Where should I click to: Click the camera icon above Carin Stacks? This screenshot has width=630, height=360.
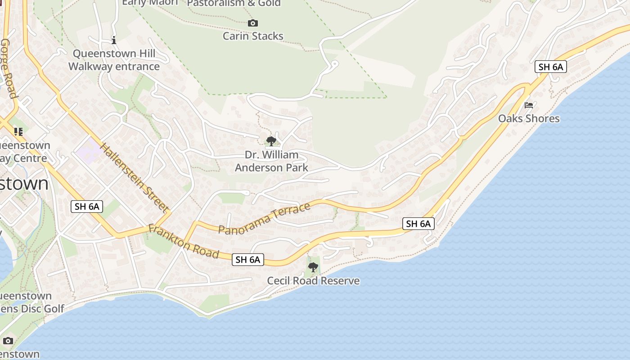[x=253, y=23]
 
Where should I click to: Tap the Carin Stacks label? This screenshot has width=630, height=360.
[x=253, y=36]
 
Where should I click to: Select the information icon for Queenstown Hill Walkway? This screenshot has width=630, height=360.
[x=114, y=40]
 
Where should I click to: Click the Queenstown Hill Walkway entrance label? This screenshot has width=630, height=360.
[x=114, y=60]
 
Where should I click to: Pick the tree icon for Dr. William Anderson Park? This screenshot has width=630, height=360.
[x=271, y=141]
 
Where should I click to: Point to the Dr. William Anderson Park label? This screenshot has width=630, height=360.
[x=271, y=161]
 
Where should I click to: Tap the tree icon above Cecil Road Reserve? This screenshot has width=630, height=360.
[x=313, y=267]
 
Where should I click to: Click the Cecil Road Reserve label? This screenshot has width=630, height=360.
[x=313, y=281]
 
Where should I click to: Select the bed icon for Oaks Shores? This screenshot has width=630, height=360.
[x=529, y=105]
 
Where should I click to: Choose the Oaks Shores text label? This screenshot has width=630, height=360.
[x=529, y=118]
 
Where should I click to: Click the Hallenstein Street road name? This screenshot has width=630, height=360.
[x=134, y=177]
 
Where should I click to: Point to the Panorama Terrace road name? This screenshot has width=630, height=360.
[x=265, y=218]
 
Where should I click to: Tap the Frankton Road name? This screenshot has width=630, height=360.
[x=184, y=242]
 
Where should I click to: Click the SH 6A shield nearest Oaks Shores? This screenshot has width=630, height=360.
[x=551, y=67]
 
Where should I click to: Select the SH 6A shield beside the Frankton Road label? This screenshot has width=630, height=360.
[x=248, y=260]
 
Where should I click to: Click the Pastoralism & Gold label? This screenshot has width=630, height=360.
[x=234, y=4]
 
